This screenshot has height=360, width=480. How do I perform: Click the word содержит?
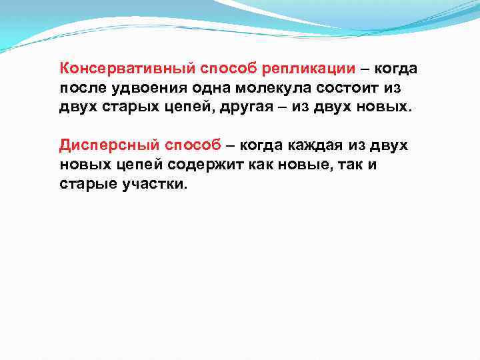(203, 165)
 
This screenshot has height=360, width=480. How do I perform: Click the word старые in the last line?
(87, 184)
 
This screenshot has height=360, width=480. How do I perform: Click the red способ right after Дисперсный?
(186, 145)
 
